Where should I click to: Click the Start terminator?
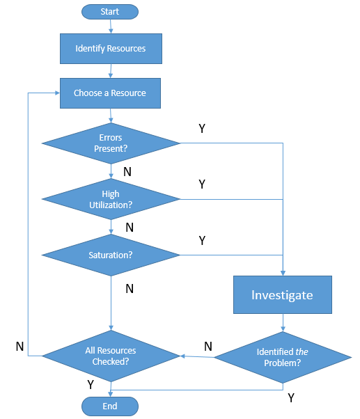[110, 12]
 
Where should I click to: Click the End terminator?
[110, 406]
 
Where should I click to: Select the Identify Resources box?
[111, 49]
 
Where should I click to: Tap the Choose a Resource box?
[110, 93]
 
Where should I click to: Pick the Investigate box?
[283, 294]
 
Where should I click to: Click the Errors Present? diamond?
[111, 143]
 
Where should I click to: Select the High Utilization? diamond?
[111, 199]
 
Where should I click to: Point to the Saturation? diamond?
[111, 255]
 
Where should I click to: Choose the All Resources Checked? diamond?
[111, 356]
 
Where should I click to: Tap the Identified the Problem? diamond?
[283, 357]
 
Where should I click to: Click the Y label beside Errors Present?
[202, 129]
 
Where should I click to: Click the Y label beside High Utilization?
[202, 184]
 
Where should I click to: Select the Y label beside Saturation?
[203, 241]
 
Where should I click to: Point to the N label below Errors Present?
[127, 171]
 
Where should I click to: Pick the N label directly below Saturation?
[130, 289]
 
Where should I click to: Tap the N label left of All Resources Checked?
[19, 347]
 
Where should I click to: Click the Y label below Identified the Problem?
[291, 398]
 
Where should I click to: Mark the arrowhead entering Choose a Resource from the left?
[58, 93]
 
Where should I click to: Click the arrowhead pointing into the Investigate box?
[283, 273]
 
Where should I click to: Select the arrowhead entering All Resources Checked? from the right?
[183, 356]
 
